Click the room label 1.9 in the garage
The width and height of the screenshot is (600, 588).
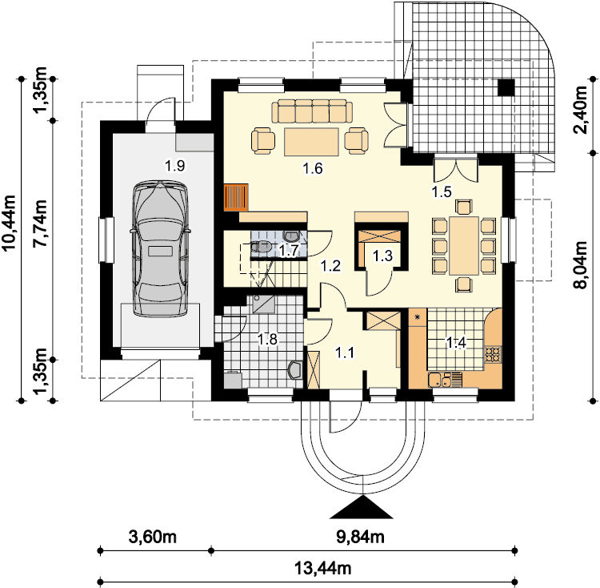point(175,166)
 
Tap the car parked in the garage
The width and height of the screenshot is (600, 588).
point(160,249)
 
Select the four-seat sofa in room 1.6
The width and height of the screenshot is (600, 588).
point(313,111)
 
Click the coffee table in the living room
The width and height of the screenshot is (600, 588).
point(311,142)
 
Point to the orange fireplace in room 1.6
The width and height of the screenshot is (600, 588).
point(236,197)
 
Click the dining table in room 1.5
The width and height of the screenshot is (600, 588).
point(464,246)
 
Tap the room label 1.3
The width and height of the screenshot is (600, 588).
point(382,256)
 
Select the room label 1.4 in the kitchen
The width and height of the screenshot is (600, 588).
point(457,343)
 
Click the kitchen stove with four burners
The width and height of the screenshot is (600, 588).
point(493,354)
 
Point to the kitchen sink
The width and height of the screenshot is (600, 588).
point(445,380)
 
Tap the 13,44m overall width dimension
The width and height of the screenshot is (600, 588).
point(322,568)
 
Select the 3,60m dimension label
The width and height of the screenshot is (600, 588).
point(153,537)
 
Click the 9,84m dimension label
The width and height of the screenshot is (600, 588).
point(361,537)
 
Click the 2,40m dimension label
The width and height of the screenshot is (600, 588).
point(580,110)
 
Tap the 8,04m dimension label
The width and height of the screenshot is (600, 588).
point(580,265)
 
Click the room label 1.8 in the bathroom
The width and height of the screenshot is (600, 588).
point(267,339)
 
